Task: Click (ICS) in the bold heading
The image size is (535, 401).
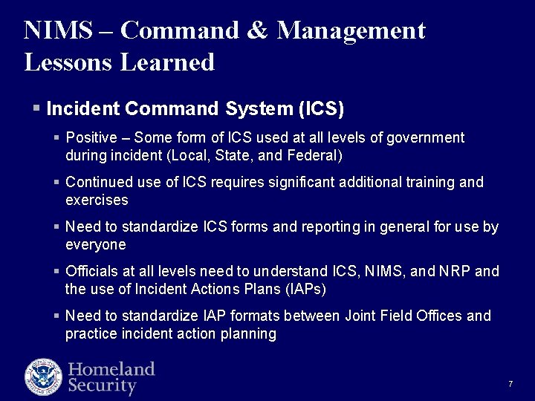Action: (320, 109)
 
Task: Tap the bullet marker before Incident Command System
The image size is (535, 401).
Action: (36, 108)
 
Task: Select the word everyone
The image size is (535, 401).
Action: (95, 245)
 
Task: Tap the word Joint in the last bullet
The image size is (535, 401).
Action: (360, 316)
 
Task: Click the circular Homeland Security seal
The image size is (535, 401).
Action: (42, 376)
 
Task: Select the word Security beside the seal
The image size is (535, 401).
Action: (103, 386)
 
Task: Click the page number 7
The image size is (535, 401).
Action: (510, 384)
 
